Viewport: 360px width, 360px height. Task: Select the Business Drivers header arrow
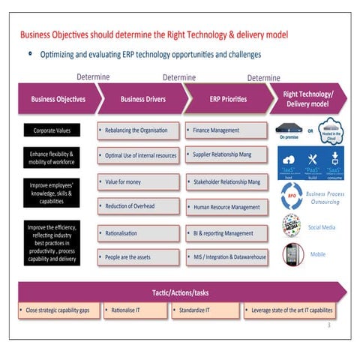(142, 98)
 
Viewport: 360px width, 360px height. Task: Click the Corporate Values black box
(52, 130)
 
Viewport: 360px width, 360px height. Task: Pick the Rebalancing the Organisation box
(138, 130)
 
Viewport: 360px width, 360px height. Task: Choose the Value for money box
(138, 181)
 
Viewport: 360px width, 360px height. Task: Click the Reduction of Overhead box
(138, 206)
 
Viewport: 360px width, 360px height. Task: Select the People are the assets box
(138, 256)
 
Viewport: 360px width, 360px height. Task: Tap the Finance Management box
(226, 130)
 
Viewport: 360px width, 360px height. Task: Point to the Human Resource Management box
(226, 207)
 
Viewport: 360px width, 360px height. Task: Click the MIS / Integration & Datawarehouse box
(226, 256)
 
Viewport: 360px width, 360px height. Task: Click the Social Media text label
(322, 226)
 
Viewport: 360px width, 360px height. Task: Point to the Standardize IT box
(204, 309)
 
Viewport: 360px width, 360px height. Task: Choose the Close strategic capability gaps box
(57, 309)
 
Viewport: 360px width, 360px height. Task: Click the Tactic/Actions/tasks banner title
(180, 291)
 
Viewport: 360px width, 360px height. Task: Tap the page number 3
(328, 325)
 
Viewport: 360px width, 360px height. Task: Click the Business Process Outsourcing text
(325, 197)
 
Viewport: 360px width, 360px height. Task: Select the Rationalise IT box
(133, 309)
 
